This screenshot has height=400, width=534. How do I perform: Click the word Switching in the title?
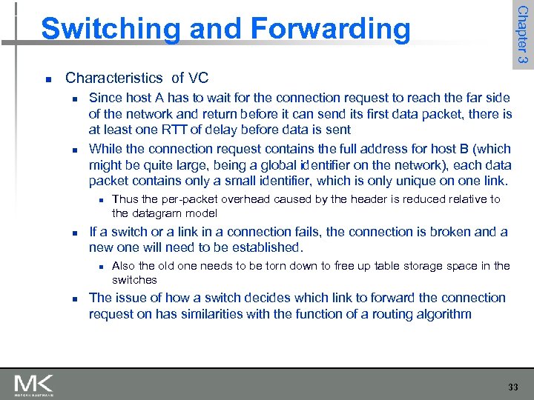(102, 30)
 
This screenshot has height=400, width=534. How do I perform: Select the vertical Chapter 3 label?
(522, 34)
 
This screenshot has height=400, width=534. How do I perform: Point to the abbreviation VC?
(198, 78)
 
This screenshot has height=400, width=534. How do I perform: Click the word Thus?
(125, 199)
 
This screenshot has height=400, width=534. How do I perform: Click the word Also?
(123, 265)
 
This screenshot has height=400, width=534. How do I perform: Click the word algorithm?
(442, 314)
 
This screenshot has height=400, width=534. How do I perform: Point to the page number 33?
(513, 387)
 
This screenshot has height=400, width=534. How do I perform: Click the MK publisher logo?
(33, 384)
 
